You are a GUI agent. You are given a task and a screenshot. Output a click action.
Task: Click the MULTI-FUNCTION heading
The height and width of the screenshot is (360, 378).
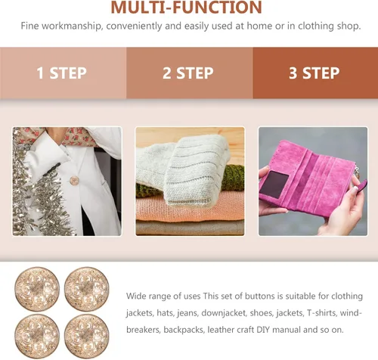coord(187,7)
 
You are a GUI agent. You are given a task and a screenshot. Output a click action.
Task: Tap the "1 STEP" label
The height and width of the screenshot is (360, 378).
coord(62,73)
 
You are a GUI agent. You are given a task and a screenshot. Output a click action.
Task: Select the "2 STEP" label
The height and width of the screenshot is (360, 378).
coord(188,73)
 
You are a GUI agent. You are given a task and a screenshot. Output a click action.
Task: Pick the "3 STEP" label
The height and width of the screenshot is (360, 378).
coord(314,73)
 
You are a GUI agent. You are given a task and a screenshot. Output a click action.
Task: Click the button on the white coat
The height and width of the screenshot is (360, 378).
coord(74,181)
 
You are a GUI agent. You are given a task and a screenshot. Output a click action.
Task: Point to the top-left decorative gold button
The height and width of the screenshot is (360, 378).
coord(37,289)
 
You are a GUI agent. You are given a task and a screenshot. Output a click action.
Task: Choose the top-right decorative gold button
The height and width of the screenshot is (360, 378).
coord(87,289)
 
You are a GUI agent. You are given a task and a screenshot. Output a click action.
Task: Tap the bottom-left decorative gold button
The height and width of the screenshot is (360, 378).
coord(37,337)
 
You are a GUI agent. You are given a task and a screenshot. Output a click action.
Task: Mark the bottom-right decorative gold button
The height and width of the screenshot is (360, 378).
coord(87,337)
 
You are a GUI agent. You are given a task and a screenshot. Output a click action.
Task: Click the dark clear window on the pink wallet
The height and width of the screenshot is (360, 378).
coord(274,185)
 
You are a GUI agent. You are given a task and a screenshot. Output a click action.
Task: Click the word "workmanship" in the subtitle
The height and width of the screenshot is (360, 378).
coord(72,26)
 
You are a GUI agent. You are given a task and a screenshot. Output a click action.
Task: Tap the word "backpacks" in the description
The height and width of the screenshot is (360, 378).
coord(184,330)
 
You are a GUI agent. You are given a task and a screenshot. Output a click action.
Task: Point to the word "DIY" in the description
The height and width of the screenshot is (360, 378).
coord(263,330)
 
